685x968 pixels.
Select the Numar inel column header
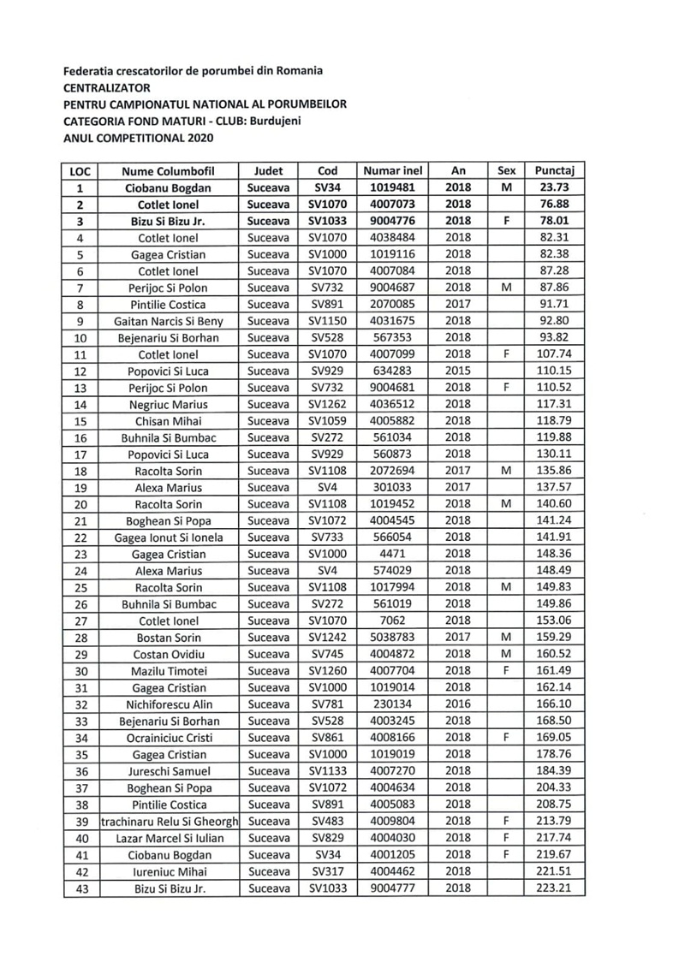(x=394, y=170)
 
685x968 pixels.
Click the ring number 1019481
(x=394, y=187)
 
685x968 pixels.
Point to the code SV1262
(x=328, y=405)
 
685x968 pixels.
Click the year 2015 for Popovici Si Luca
(x=458, y=371)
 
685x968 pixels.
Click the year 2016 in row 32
(x=458, y=704)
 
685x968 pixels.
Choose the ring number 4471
(x=394, y=555)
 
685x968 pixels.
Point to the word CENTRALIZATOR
(x=107, y=87)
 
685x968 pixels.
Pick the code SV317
(x=328, y=871)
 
